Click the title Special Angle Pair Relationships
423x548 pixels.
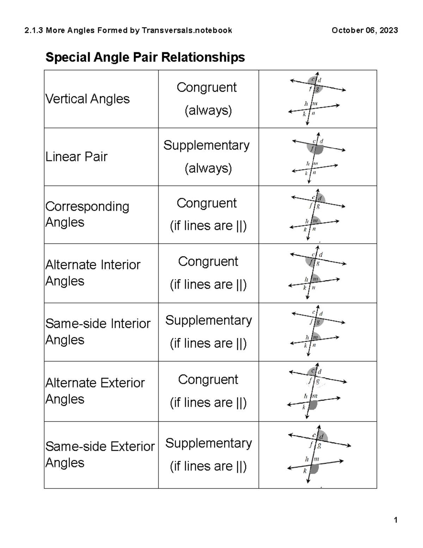point(145,57)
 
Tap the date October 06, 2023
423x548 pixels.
point(365,30)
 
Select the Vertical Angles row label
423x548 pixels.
point(87,99)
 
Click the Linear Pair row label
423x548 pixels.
point(76,157)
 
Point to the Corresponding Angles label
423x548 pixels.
point(87,214)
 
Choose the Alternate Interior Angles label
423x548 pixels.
point(93,273)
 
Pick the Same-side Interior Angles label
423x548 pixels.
point(98,331)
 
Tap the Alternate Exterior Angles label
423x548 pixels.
point(95,391)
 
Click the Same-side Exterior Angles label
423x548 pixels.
point(100,455)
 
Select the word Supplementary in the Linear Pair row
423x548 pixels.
point(207,146)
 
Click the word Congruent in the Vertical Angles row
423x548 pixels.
point(207,87)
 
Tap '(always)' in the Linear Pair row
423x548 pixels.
point(208,168)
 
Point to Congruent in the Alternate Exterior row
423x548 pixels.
point(208,379)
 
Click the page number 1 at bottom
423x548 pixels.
point(396,520)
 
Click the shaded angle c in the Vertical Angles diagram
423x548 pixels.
point(312,80)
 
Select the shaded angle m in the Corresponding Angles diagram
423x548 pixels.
point(316,220)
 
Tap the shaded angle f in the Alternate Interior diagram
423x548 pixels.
point(309,262)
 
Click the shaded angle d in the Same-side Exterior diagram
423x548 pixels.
point(323,436)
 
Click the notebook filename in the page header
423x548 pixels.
point(128,31)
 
